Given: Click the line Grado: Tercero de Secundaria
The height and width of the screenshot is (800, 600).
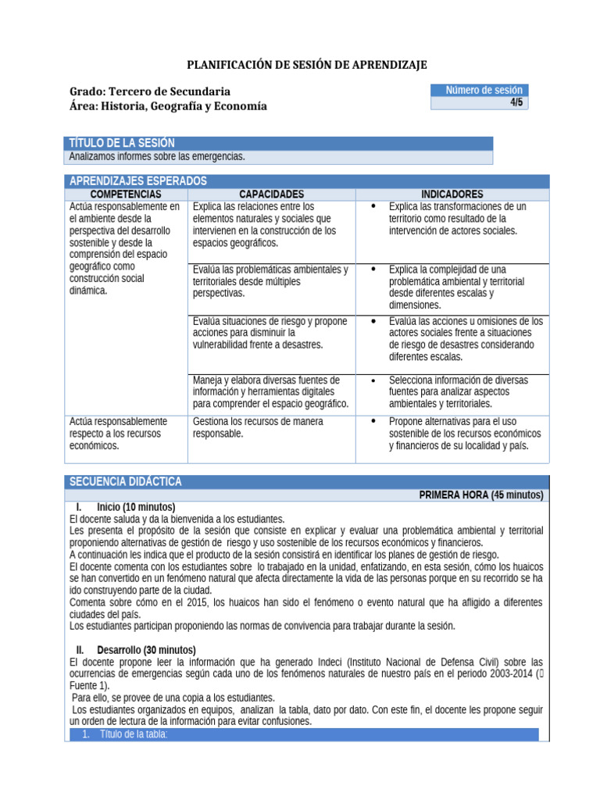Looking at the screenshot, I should [x=150, y=91].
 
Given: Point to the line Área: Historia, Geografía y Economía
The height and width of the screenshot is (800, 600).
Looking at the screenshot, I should [x=168, y=106].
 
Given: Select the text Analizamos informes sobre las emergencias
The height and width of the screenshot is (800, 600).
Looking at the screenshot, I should [x=157, y=157].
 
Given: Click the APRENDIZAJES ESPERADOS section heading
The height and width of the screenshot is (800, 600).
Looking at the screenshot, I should [x=137, y=181].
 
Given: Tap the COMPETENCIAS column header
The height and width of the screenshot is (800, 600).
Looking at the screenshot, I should [x=126, y=194].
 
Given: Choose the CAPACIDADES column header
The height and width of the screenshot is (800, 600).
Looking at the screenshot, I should [x=271, y=194].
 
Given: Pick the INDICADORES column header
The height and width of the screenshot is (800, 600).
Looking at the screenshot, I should [x=452, y=194].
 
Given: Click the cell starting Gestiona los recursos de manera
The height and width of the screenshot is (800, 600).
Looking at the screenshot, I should [x=258, y=427].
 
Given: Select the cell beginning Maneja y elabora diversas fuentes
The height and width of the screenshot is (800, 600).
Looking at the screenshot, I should [x=270, y=391].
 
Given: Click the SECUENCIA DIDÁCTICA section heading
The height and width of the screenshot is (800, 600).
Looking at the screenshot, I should [x=126, y=481].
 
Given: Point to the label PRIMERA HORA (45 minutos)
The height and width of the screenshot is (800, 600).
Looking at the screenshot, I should [x=480, y=495].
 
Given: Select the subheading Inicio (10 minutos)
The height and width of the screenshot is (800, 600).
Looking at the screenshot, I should [x=135, y=507].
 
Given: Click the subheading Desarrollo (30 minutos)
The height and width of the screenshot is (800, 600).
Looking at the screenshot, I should [x=146, y=650].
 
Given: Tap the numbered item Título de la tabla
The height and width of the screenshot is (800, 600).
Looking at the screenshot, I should [x=134, y=734].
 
